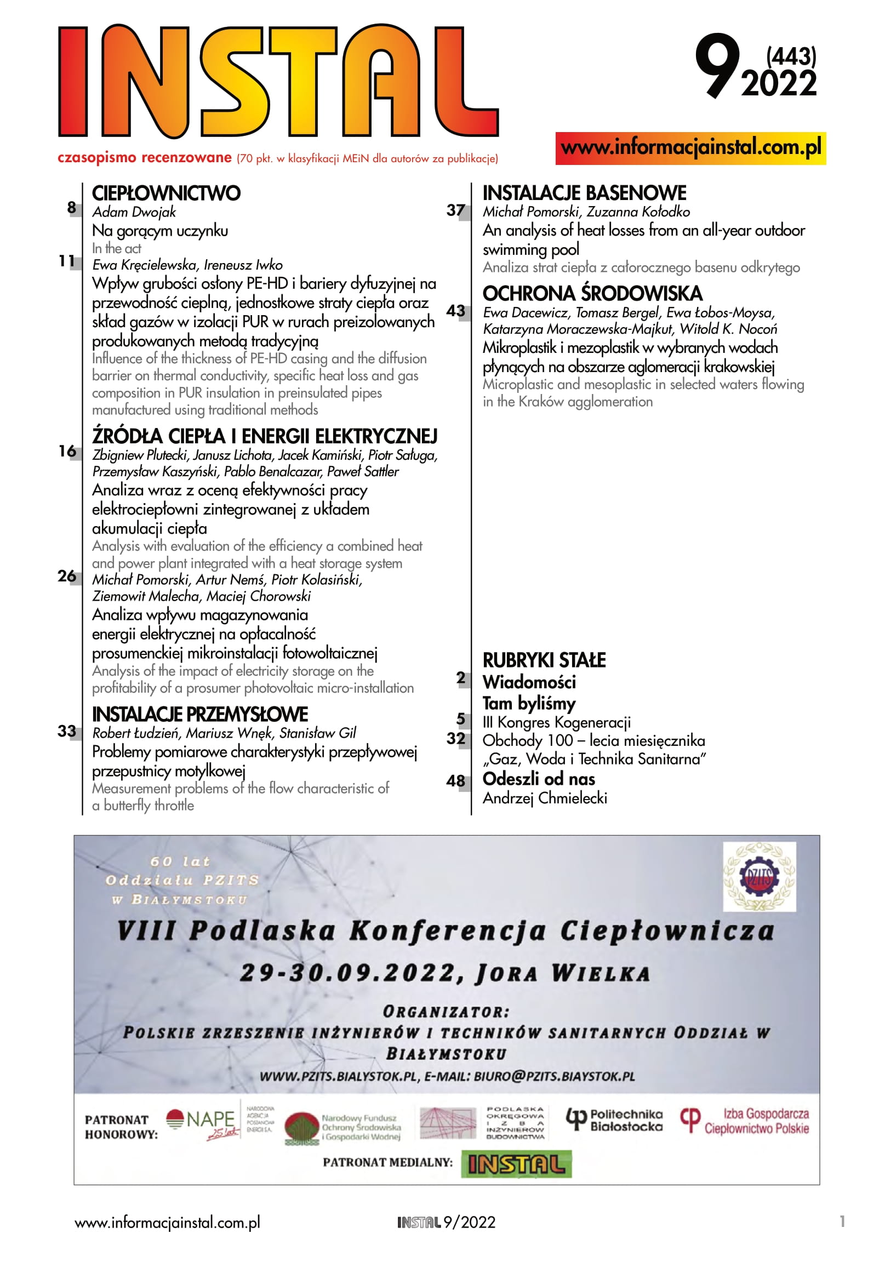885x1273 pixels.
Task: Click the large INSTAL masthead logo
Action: click(x=277, y=81)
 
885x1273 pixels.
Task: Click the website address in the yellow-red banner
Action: click(x=690, y=148)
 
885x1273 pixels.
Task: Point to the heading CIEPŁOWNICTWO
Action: click(x=167, y=193)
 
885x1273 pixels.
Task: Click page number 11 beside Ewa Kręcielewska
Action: click(x=66, y=261)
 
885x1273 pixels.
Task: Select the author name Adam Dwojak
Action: click(x=134, y=212)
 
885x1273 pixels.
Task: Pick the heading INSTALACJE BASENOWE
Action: click(x=584, y=193)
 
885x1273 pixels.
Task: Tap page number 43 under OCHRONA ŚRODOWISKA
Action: click(x=455, y=311)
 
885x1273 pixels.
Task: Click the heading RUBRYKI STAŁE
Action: click(x=544, y=660)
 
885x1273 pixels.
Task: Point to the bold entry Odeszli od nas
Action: click(x=539, y=779)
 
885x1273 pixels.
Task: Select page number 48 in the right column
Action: click(x=455, y=781)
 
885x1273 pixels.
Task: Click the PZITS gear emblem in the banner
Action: click(x=759, y=877)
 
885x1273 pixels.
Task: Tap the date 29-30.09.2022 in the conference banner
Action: click(x=350, y=973)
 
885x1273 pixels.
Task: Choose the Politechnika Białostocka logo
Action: click(x=614, y=1120)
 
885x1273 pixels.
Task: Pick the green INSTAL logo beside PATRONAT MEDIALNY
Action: click(x=516, y=1164)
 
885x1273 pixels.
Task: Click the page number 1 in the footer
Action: click(x=842, y=1221)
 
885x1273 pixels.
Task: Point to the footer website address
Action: click(x=168, y=1223)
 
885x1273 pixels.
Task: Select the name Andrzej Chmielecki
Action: click(x=545, y=798)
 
